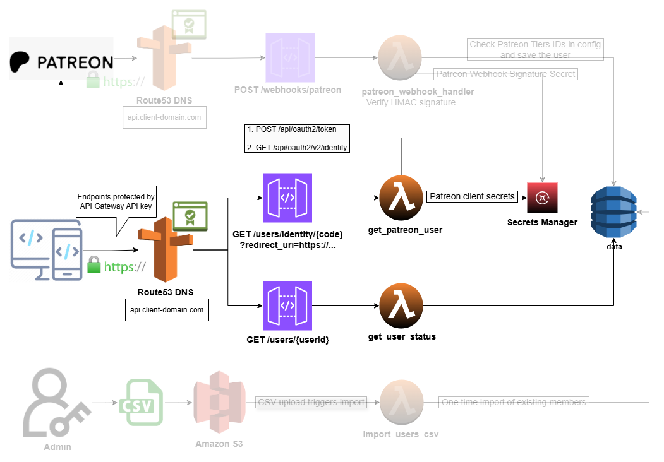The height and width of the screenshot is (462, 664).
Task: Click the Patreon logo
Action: point(61,62)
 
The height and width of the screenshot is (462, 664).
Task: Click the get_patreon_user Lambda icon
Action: point(401,197)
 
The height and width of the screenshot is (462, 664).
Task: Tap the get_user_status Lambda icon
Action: point(401,306)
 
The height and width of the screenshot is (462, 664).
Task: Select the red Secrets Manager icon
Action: point(542,198)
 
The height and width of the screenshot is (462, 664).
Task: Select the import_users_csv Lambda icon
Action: point(401,403)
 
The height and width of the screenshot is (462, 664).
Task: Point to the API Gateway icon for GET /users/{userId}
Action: point(287,305)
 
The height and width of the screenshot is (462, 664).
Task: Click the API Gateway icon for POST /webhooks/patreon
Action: point(287,57)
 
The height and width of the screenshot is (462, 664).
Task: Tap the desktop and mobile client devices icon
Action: point(46,251)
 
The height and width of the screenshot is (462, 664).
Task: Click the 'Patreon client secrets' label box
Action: point(472,196)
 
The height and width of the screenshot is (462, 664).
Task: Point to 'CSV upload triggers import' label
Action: point(311,402)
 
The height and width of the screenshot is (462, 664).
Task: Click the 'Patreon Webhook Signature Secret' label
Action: point(506,74)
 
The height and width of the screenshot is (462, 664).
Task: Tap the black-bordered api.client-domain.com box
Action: point(167,310)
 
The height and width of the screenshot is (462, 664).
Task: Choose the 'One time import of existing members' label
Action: point(513,402)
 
